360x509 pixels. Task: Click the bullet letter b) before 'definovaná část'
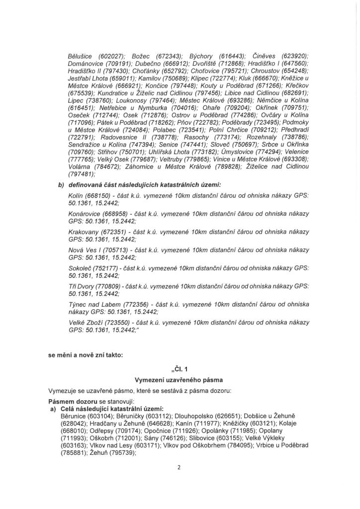[61, 184]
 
